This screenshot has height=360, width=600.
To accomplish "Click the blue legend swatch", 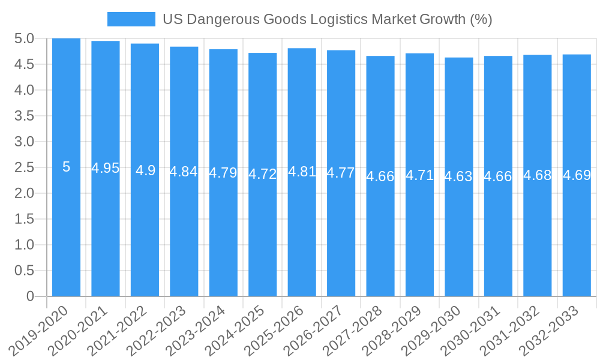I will click(131, 19).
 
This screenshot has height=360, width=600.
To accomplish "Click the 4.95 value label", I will click(106, 168).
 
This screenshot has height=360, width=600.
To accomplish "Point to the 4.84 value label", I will click(184, 172).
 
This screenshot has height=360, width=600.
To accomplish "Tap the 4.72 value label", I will click(263, 174).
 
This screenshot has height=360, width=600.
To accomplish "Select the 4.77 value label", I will click(341, 173).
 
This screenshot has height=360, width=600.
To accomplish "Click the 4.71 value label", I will click(419, 175).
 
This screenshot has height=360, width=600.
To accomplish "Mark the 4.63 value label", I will click(458, 176).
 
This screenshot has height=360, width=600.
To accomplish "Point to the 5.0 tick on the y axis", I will click(24, 39).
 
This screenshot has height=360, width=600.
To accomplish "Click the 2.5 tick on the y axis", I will click(24, 167).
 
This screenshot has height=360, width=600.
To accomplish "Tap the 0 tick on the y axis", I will click(30, 296).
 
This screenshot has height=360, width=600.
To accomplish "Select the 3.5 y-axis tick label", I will click(24, 116).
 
